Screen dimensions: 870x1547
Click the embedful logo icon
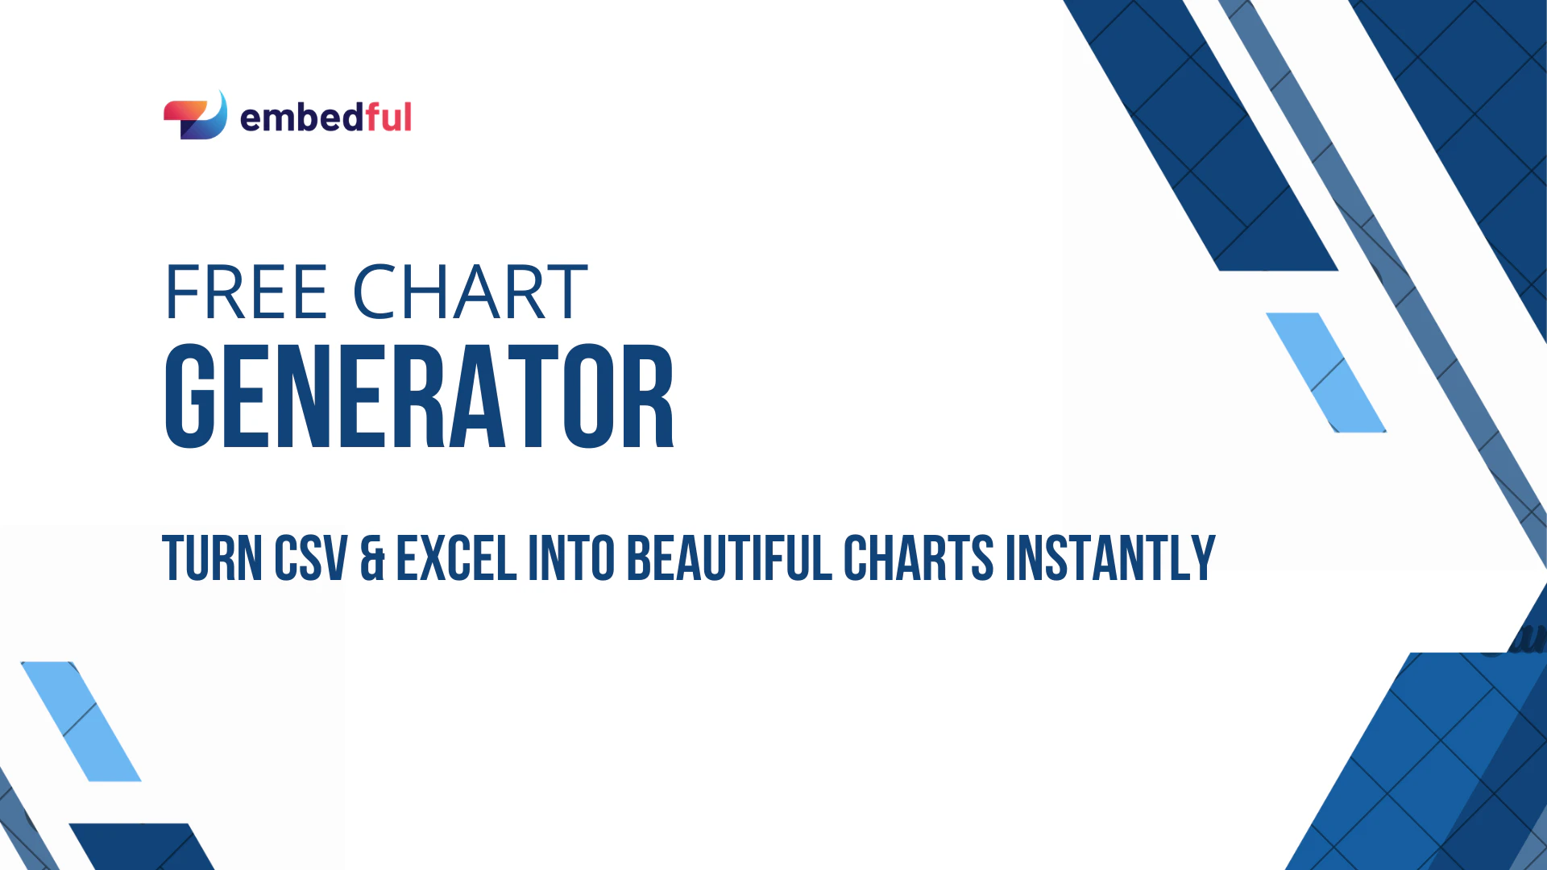pos(195,116)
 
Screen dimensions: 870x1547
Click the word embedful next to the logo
pos(326,118)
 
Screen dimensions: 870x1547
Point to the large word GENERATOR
pos(419,396)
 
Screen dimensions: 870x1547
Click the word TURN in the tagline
pos(212,557)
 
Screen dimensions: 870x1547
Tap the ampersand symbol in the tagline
pos(372,557)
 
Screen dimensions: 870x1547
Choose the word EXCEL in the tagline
pos(456,557)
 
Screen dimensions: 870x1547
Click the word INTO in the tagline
pos(571,557)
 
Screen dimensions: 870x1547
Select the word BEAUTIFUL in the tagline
pos(729,557)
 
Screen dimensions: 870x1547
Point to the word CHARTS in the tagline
pos(919,557)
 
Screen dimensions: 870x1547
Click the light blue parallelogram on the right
pos(1326,372)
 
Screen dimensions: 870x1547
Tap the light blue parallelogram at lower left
pos(81,721)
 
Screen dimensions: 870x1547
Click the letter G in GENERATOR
pos(190,396)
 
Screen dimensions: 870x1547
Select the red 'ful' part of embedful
pos(388,118)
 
